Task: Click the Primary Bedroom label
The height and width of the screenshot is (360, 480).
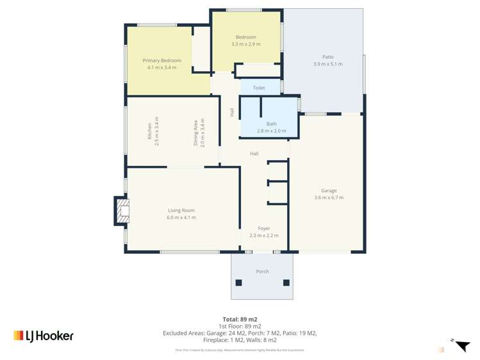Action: [x=161, y=60]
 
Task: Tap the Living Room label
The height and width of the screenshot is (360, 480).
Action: [x=181, y=210]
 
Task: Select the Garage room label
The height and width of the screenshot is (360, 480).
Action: [x=329, y=190]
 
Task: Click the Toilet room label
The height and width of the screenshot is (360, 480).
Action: [x=259, y=88]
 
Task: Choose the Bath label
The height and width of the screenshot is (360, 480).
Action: [x=271, y=124]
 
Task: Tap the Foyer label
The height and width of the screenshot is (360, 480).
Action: [x=264, y=228]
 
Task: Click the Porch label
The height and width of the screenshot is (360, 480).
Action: [x=262, y=272]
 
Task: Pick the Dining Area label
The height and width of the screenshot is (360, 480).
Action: [x=196, y=133]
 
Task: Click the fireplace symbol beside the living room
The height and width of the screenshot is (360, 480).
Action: [x=122, y=211]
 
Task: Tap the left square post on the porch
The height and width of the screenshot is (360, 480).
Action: [x=239, y=282]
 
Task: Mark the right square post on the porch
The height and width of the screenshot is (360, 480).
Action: [x=286, y=282]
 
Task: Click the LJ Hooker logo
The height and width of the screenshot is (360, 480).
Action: [x=44, y=336]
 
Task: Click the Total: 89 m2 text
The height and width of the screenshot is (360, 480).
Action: [x=240, y=319]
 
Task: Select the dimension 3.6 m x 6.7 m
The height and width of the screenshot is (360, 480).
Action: [x=329, y=197]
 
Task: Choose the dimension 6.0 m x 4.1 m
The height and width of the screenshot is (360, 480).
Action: [x=181, y=217]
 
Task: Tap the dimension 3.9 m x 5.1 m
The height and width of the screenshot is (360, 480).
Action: [x=327, y=64]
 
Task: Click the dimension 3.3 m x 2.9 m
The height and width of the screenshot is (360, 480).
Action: [x=245, y=44]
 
